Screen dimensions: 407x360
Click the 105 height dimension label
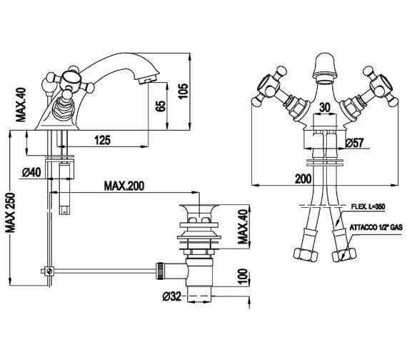point(184,91)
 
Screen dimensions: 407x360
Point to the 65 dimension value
point(161,106)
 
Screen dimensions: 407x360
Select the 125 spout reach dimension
point(102,140)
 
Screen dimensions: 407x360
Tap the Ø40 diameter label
point(31,172)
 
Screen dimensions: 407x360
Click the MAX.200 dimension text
point(124,186)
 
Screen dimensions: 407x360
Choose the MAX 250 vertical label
point(11,213)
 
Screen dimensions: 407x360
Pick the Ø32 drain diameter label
point(172,296)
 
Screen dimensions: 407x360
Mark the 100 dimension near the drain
point(242,277)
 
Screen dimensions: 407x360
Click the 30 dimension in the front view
point(324,107)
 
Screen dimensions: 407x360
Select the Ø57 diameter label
point(355,143)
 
